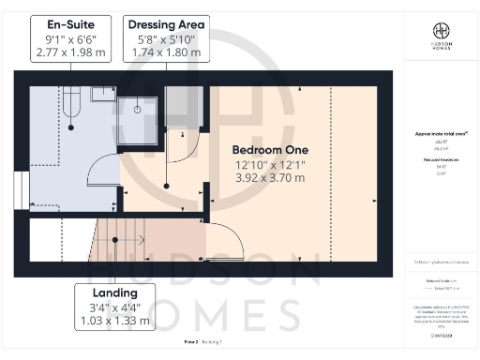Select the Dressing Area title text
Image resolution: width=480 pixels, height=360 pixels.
click(167, 23)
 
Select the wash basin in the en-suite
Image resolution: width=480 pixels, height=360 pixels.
click(102, 93)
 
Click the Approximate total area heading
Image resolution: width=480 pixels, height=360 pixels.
click(440, 133)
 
